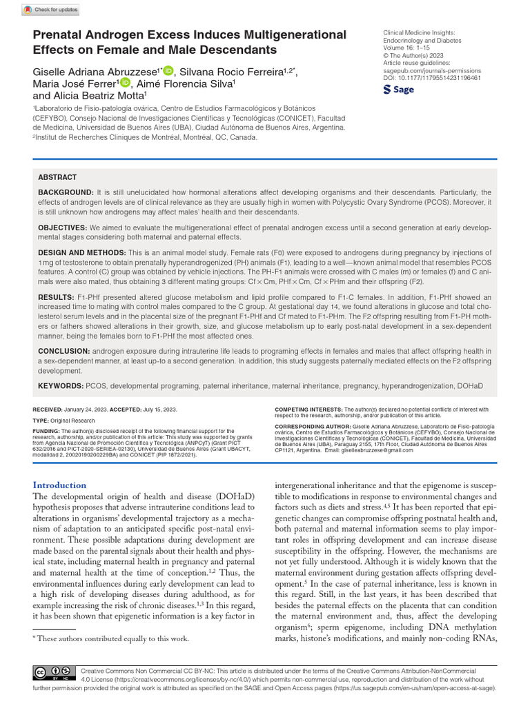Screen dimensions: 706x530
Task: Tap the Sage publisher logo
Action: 400,90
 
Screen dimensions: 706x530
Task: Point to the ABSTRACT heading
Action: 57,177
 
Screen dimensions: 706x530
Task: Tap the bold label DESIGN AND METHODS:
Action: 82,254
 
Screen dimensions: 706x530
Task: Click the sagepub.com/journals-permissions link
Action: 432,70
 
